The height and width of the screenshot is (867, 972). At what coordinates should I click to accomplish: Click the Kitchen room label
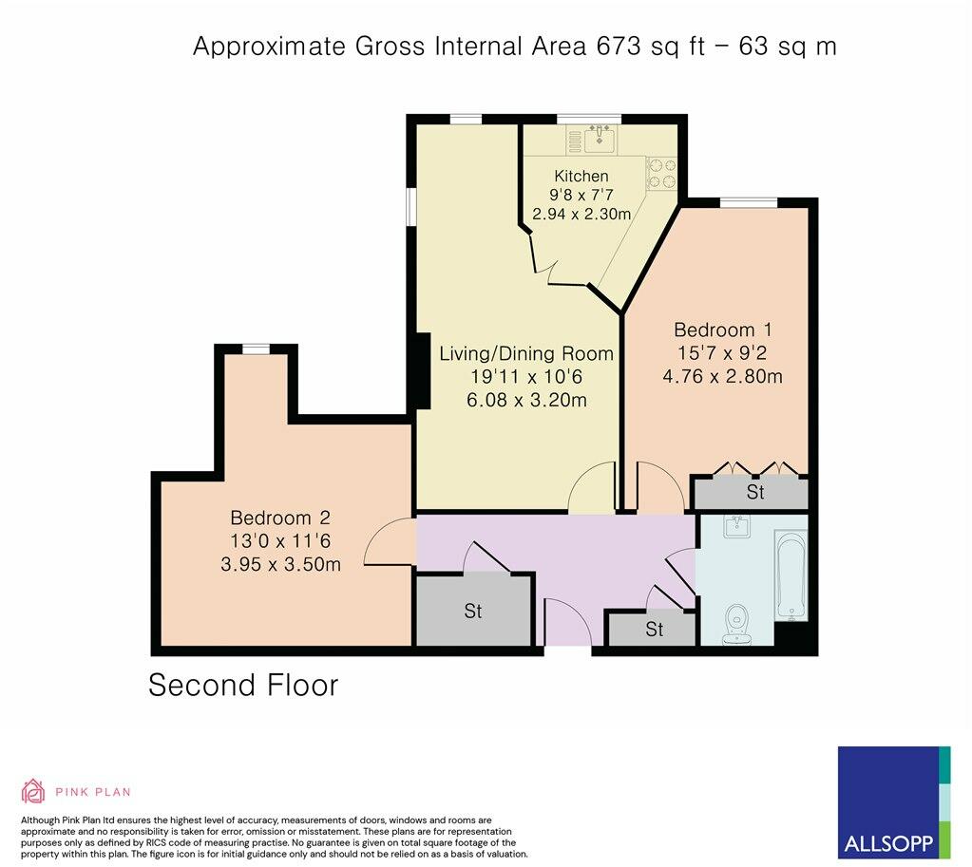[581, 176]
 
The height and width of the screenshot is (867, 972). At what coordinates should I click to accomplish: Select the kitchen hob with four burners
[660, 173]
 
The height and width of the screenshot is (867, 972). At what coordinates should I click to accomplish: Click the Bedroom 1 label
[722, 330]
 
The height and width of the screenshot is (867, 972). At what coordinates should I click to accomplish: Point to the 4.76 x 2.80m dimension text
[722, 376]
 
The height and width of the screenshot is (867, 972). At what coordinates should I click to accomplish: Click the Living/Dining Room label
[525, 354]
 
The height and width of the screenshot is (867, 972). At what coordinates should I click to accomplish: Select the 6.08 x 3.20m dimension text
[525, 400]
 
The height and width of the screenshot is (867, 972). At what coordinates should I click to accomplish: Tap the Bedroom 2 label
[280, 518]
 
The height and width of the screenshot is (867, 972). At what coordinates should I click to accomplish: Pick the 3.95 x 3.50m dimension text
[280, 564]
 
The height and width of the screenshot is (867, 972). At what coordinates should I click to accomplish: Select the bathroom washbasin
[736, 527]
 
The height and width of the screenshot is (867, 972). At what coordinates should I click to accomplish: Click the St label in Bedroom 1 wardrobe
[755, 493]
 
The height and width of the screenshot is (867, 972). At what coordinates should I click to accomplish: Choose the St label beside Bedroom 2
[473, 612]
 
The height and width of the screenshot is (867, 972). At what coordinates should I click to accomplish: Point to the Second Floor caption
[243, 685]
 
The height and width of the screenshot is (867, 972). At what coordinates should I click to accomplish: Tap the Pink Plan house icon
[33, 791]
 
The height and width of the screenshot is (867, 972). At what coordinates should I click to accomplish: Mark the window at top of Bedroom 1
[749, 201]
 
